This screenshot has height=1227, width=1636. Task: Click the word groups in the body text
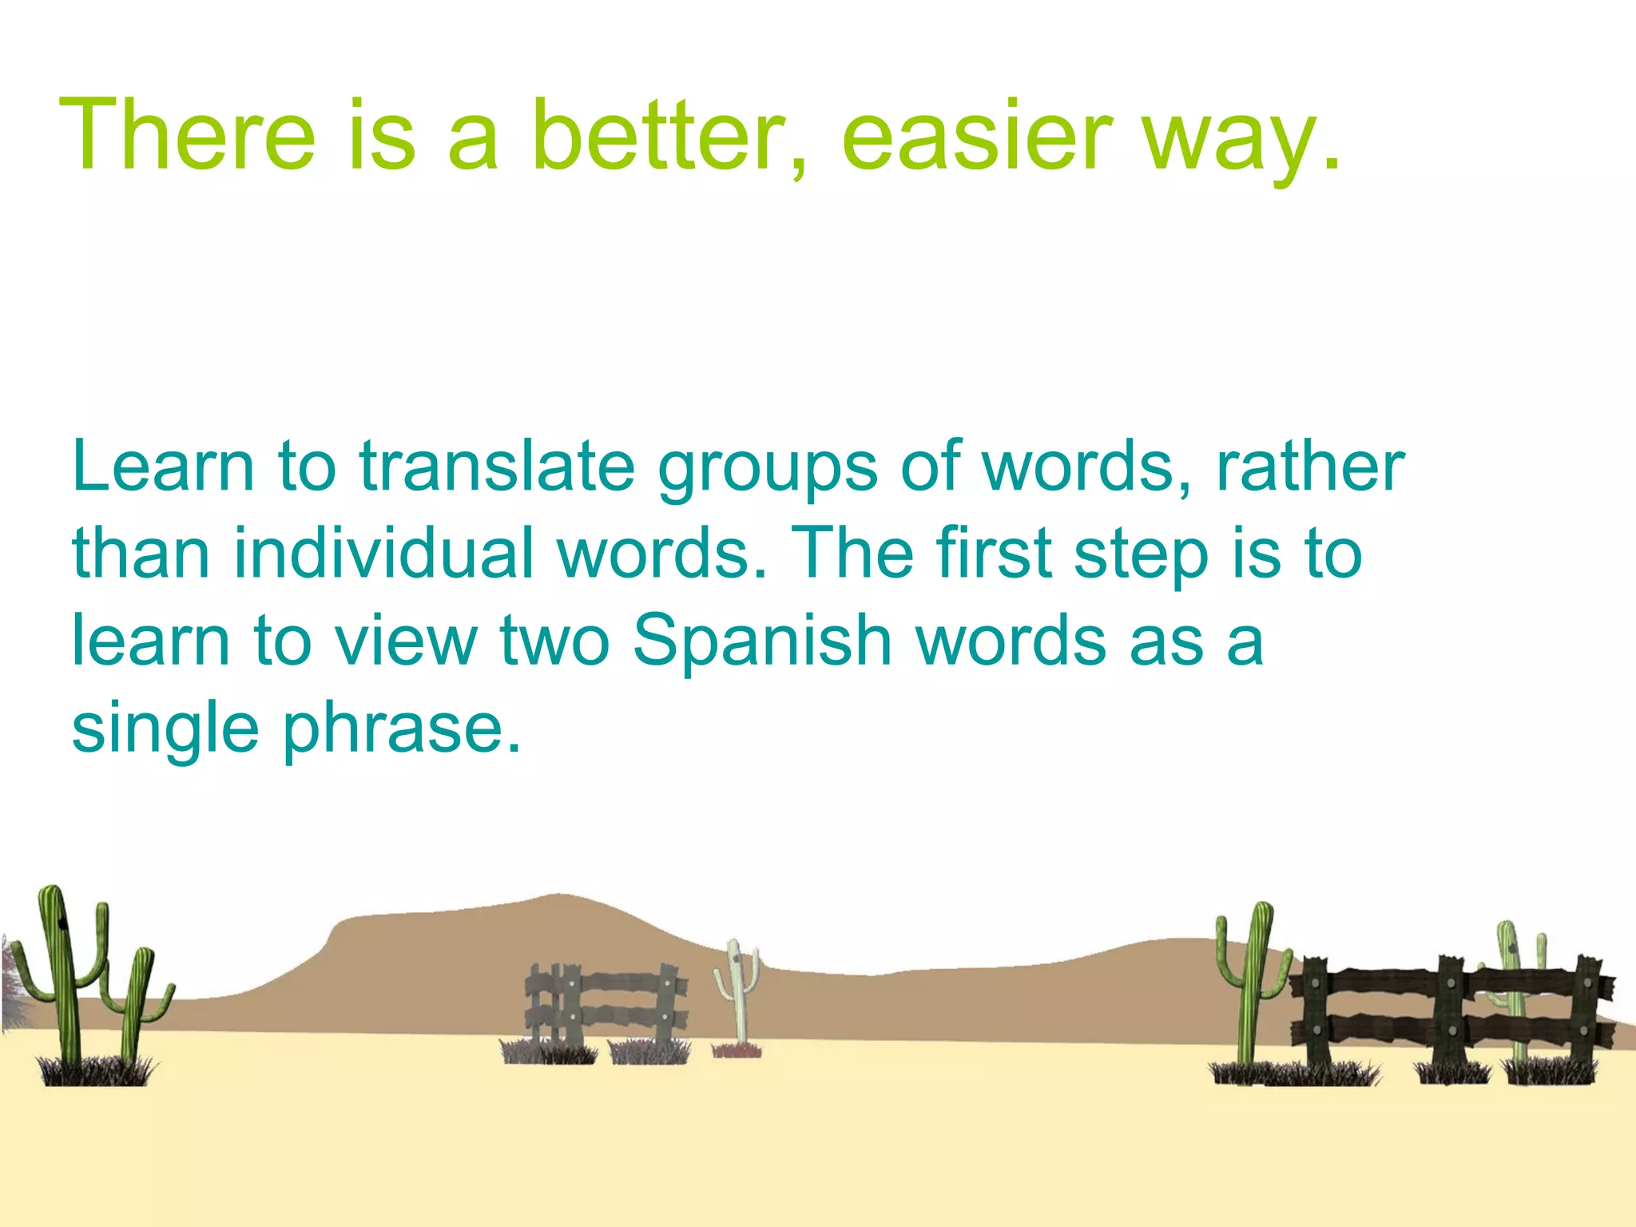768,471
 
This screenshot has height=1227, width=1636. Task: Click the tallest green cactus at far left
62,975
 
